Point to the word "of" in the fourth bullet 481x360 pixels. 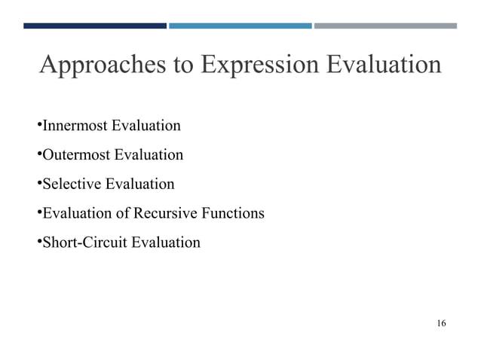[x=123, y=213]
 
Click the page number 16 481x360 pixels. [x=441, y=324]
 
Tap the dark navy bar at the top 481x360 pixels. [x=95, y=26]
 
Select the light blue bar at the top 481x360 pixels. [x=240, y=26]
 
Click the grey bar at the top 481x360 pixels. [x=385, y=26]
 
